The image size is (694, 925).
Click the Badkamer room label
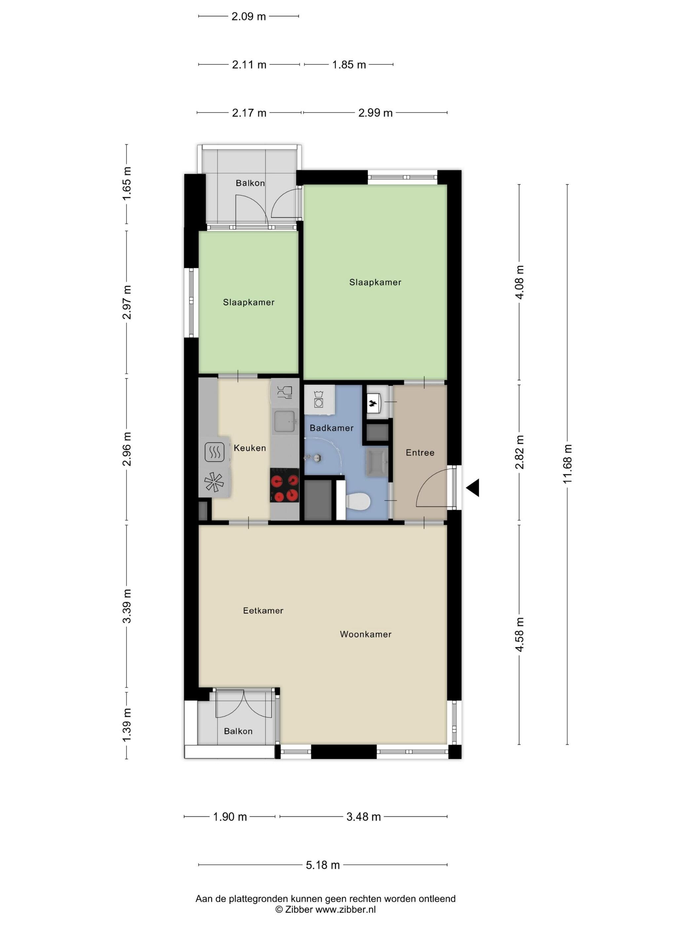pyautogui.click(x=331, y=428)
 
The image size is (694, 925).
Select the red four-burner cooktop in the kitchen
pyautogui.click(x=285, y=485)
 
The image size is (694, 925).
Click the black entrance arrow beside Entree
pyautogui.click(x=473, y=488)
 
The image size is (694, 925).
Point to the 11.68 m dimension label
pyautogui.click(x=567, y=464)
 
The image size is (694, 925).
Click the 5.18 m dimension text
pyautogui.click(x=323, y=865)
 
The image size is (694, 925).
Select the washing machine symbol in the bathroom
pyautogui.click(x=319, y=399)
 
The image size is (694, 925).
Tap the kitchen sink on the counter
pyautogui.click(x=285, y=422)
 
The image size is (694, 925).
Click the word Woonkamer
pyautogui.click(x=366, y=634)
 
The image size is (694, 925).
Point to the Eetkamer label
pyautogui.click(x=263, y=610)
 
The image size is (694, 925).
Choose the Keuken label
pyautogui.click(x=250, y=448)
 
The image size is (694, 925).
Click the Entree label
pyautogui.click(x=420, y=453)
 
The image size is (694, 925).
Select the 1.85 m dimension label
pyautogui.click(x=349, y=65)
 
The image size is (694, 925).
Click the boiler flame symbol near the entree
pyautogui.click(x=373, y=404)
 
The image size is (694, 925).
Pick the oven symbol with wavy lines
pyautogui.click(x=214, y=452)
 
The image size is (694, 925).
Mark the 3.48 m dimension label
pyautogui.click(x=364, y=817)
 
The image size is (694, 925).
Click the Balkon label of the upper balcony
pyautogui.click(x=250, y=183)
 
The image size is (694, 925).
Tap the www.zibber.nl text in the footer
pyautogui.click(x=346, y=909)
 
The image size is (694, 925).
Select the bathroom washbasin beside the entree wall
pyautogui.click(x=377, y=462)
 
